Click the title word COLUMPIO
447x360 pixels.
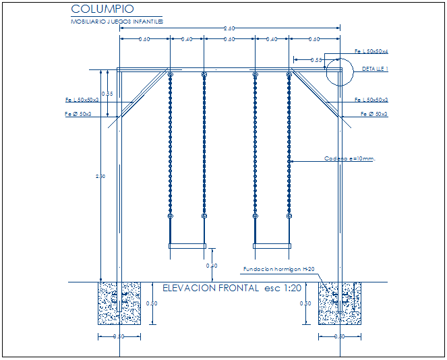[x=102, y=9]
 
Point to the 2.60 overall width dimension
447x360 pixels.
[x=229, y=28]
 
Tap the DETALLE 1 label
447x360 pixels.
[x=375, y=69]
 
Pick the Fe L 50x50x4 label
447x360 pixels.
[x=371, y=51]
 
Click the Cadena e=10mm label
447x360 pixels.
[x=349, y=159]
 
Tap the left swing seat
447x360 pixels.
[x=187, y=246]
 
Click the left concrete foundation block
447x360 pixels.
[x=120, y=303]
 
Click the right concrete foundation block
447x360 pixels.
[x=339, y=303]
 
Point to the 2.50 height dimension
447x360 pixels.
[x=100, y=177]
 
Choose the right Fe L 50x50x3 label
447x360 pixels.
[x=371, y=100]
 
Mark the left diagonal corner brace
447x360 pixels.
[x=144, y=94]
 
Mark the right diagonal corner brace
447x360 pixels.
[x=315, y=94]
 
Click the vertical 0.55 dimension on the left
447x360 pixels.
[x=107, y=94]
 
